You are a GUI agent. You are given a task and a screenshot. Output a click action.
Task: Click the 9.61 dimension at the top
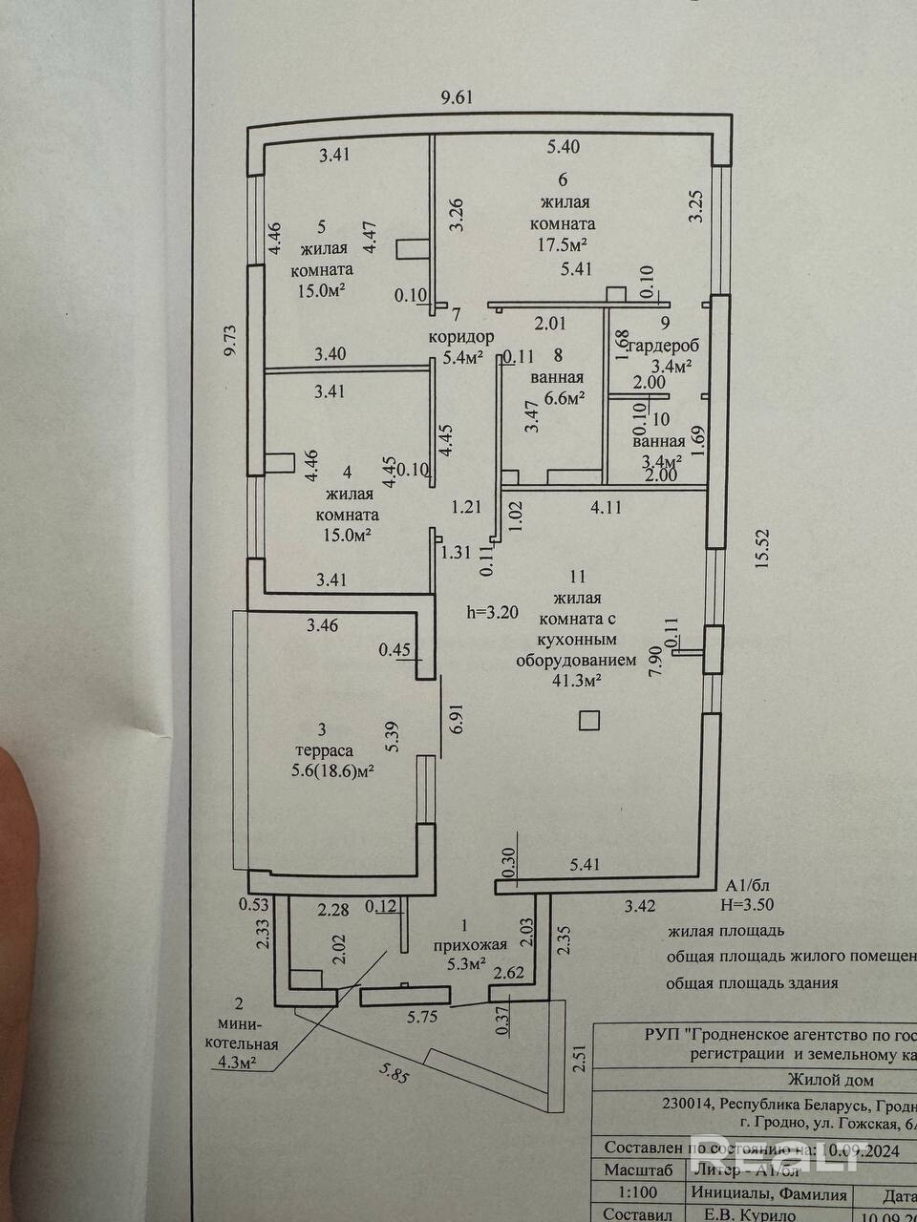coord(457,96)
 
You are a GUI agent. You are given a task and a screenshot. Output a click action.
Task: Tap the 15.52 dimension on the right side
coord(760,549)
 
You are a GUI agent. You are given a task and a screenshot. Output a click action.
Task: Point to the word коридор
coord(460,336)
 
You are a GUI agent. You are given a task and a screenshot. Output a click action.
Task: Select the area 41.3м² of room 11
coord(571,681)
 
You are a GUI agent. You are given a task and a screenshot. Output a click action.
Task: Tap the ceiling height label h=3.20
coord(491,613)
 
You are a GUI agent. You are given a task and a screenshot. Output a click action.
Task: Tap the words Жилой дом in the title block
coord(829,1080)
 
